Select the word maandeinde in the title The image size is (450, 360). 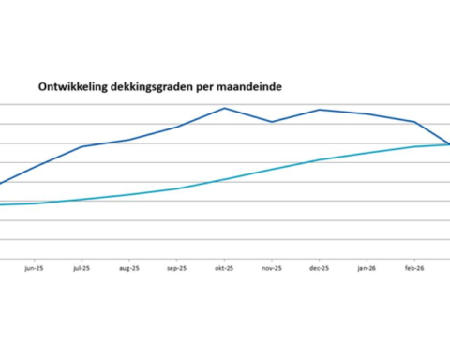coord(249,85)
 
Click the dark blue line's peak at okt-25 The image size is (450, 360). coord(224,108)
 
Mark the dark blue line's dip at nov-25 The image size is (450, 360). coord(272,122)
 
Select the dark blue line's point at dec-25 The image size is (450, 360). coord(319,110)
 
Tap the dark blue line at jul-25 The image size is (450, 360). coord(82,146)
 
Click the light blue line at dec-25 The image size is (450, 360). coord(319,160)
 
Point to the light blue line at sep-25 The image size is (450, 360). coord(176,188)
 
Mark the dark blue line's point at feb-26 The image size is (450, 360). coord(414,122)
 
